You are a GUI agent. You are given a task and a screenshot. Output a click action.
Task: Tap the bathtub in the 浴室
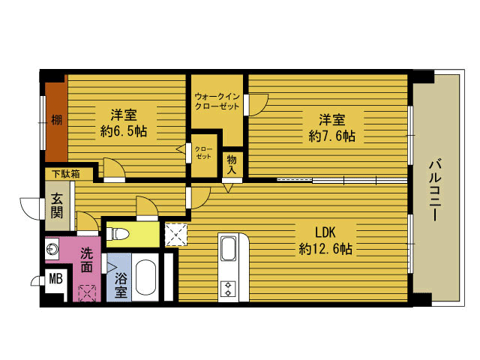pos(145,277)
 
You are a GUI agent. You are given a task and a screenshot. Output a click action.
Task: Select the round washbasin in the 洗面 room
pos(52,249)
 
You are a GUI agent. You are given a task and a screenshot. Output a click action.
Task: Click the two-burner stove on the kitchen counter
pos(228,289)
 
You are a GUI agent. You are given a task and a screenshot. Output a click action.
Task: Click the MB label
pos(56,279)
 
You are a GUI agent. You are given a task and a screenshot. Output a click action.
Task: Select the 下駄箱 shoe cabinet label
pos(66,174)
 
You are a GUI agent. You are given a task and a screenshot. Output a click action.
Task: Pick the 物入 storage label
pos(232,165)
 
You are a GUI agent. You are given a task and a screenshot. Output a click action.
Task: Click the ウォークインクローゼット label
pos(217,101)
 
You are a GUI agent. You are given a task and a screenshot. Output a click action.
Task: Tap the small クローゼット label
pos(203,153)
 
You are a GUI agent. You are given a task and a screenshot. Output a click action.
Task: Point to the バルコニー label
pos(435,190)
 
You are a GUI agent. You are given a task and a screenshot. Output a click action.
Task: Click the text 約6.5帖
pos(124,131)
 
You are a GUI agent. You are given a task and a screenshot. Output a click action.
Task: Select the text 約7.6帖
pos(332,136)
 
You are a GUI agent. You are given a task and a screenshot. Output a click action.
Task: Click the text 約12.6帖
pos(325,249)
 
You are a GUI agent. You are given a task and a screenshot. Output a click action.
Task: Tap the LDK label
pos(325,232)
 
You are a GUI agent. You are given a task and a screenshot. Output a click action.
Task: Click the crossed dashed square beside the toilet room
pos(176,235)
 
